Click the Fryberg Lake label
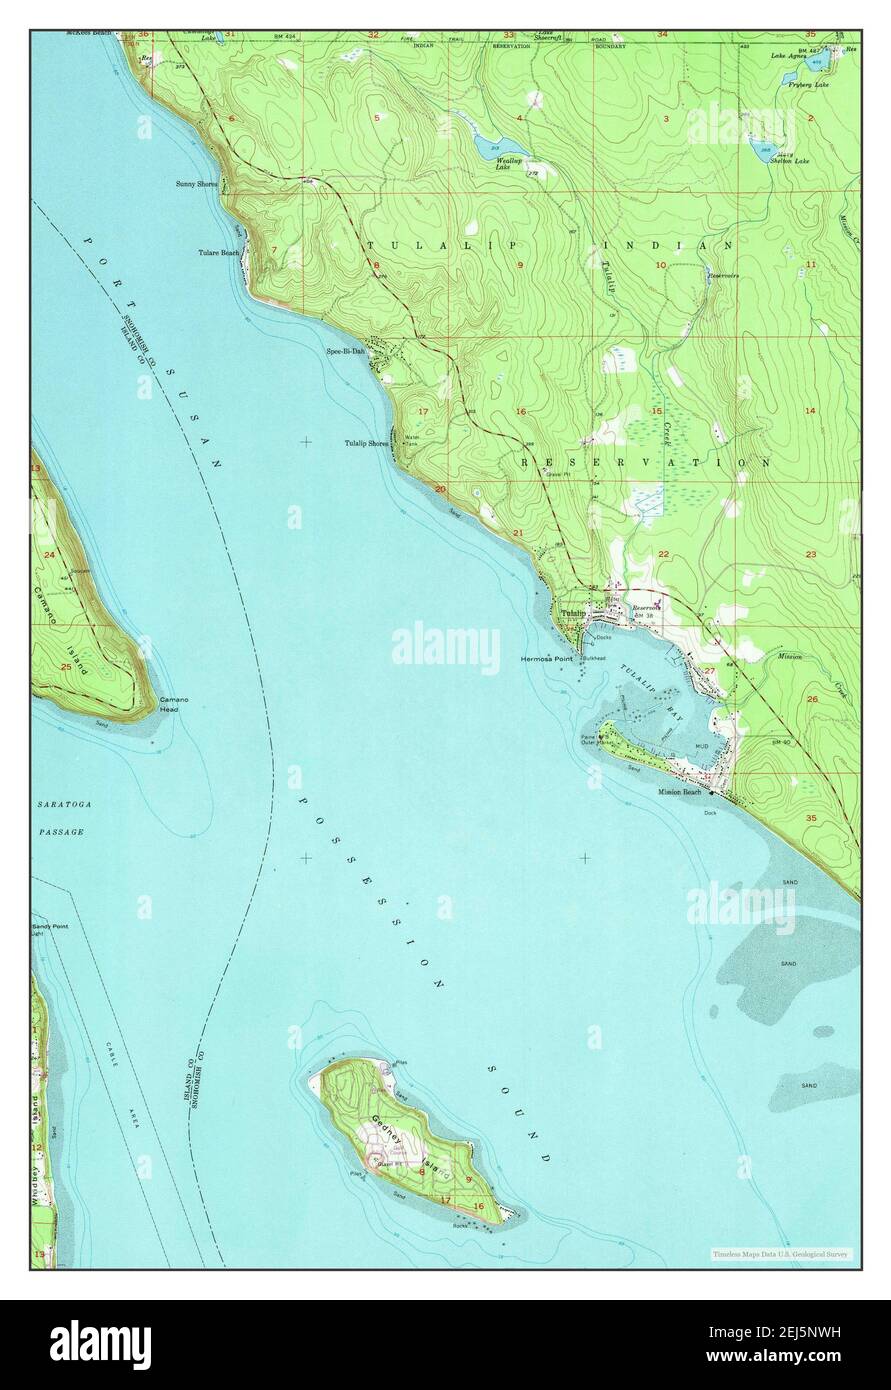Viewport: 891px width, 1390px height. pyautogui.click(x=808, y=86)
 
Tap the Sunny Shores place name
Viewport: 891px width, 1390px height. pyautogui.click(x=194, y=184)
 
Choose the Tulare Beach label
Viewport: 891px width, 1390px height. pyautogui.click(x=218, y=253)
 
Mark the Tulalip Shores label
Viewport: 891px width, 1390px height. pyautogui.click(x=367, y=443)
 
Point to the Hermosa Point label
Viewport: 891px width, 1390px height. pyautogui.click(x=546, y=660)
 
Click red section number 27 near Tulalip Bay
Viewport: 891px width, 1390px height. pyautogui.click(x=709, y=671)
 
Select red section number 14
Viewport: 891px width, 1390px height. pyautogui.click(x=810, y=411)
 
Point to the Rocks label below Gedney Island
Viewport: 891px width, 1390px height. pyautogui.click(x=461, y=1225)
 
